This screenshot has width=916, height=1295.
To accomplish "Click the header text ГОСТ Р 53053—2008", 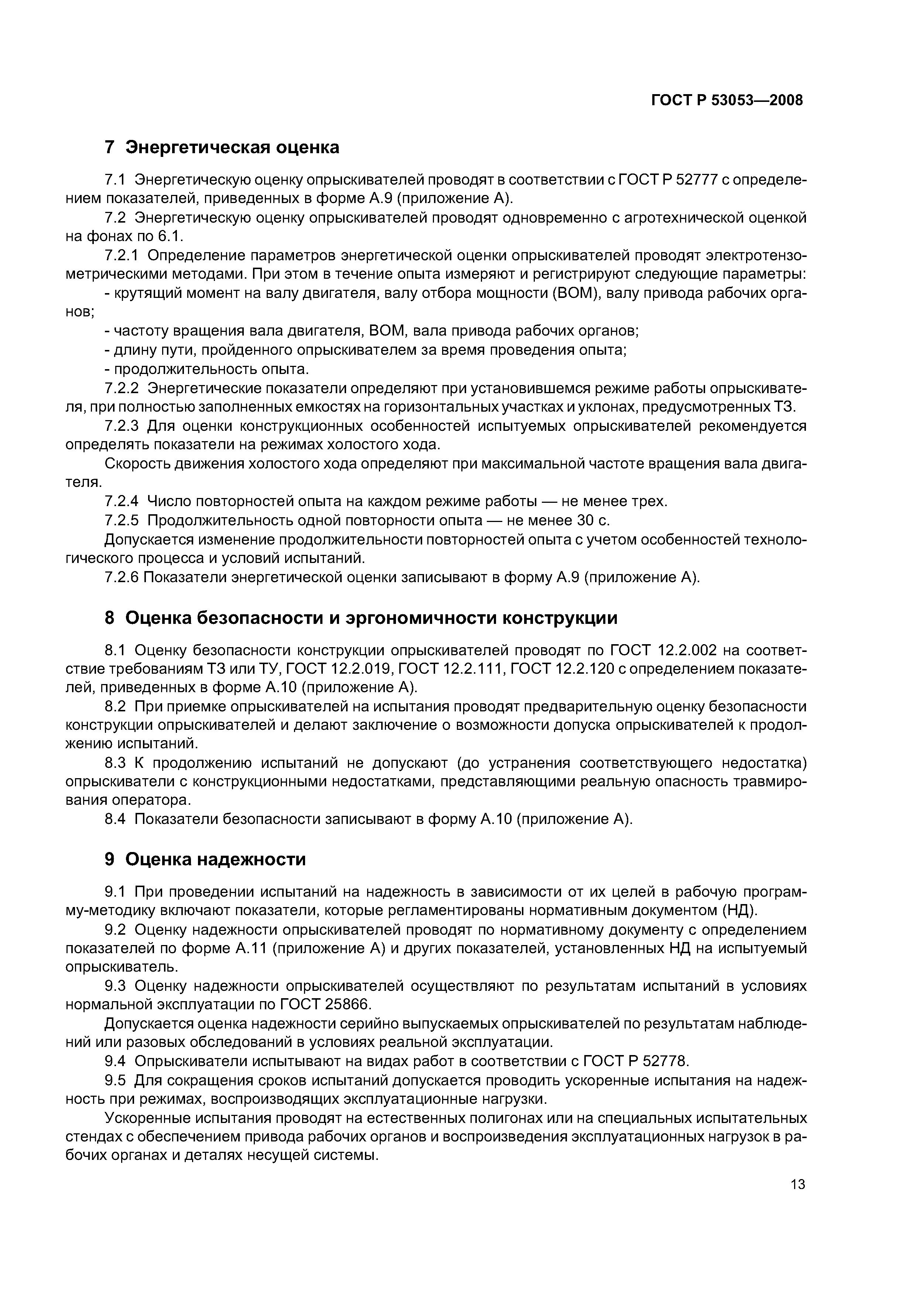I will pos(727,100).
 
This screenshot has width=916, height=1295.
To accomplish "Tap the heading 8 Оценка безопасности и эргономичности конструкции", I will pos(361,618).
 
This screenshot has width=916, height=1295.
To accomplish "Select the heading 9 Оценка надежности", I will pos(205,859).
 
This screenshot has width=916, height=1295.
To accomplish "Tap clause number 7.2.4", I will pos(122,501).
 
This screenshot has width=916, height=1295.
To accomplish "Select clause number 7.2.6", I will pos(122,578).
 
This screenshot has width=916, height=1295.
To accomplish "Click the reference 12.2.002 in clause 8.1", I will pos(687,651).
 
